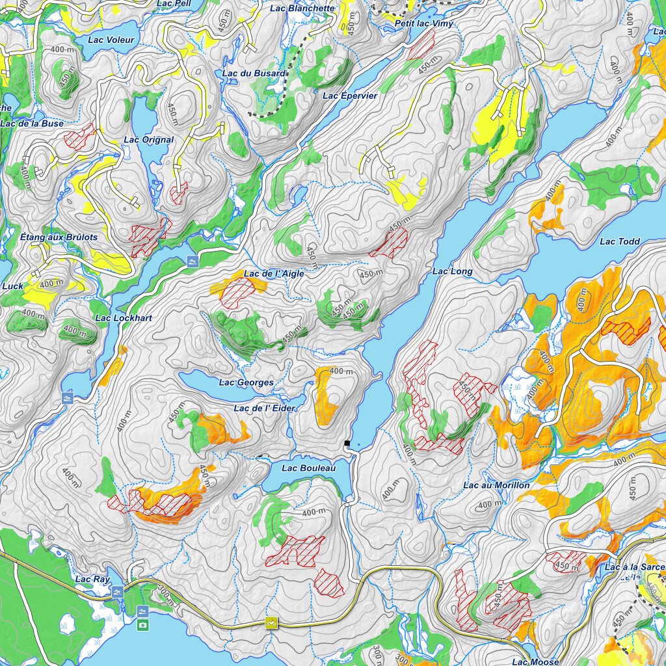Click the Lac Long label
(453, 271)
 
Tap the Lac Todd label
(619, 241)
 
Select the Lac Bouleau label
(308, 468)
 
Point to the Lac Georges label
(246, 382)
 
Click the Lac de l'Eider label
(264, 408)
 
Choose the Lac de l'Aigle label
(274, 274)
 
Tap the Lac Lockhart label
(124, 318)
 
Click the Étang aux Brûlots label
(59, 237)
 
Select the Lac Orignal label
(149, 140)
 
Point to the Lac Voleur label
(111, 40)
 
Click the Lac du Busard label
(254, 73)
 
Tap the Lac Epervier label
(350, 96)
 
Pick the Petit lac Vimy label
(423, 23)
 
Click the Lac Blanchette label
(302, 8)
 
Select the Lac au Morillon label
(496, 485)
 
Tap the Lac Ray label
(92, 579)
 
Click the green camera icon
(142, 625)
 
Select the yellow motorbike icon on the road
(271, 623)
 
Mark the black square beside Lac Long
(347, 444)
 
